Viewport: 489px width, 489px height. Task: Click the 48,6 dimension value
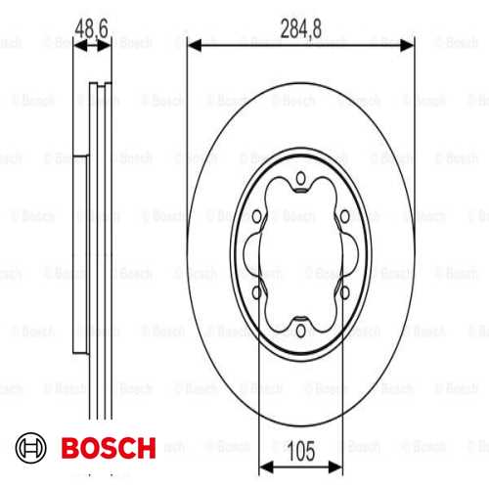91,28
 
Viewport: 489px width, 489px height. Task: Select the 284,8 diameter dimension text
301,28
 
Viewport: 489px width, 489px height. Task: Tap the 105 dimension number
301,451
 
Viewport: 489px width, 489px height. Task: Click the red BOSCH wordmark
109,448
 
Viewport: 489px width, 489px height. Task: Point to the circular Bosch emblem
31,448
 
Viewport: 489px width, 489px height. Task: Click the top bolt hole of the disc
300,178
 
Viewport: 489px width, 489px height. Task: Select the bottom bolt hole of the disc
301,331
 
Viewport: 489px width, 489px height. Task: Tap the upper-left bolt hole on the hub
257,216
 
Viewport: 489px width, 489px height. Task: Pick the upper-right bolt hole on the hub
344,216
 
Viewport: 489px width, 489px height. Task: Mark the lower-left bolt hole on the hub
257,292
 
